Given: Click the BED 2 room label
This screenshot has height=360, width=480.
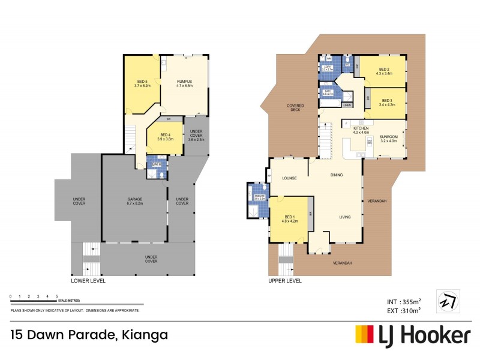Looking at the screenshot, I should click(384, 71).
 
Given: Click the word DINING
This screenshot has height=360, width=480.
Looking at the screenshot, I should click(337, 175).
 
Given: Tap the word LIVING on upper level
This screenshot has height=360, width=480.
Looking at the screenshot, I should click(345, 217).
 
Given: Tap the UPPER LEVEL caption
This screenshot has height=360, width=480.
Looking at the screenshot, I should click(286, 280).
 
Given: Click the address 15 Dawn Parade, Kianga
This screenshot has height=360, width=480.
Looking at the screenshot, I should click(89, 334).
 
